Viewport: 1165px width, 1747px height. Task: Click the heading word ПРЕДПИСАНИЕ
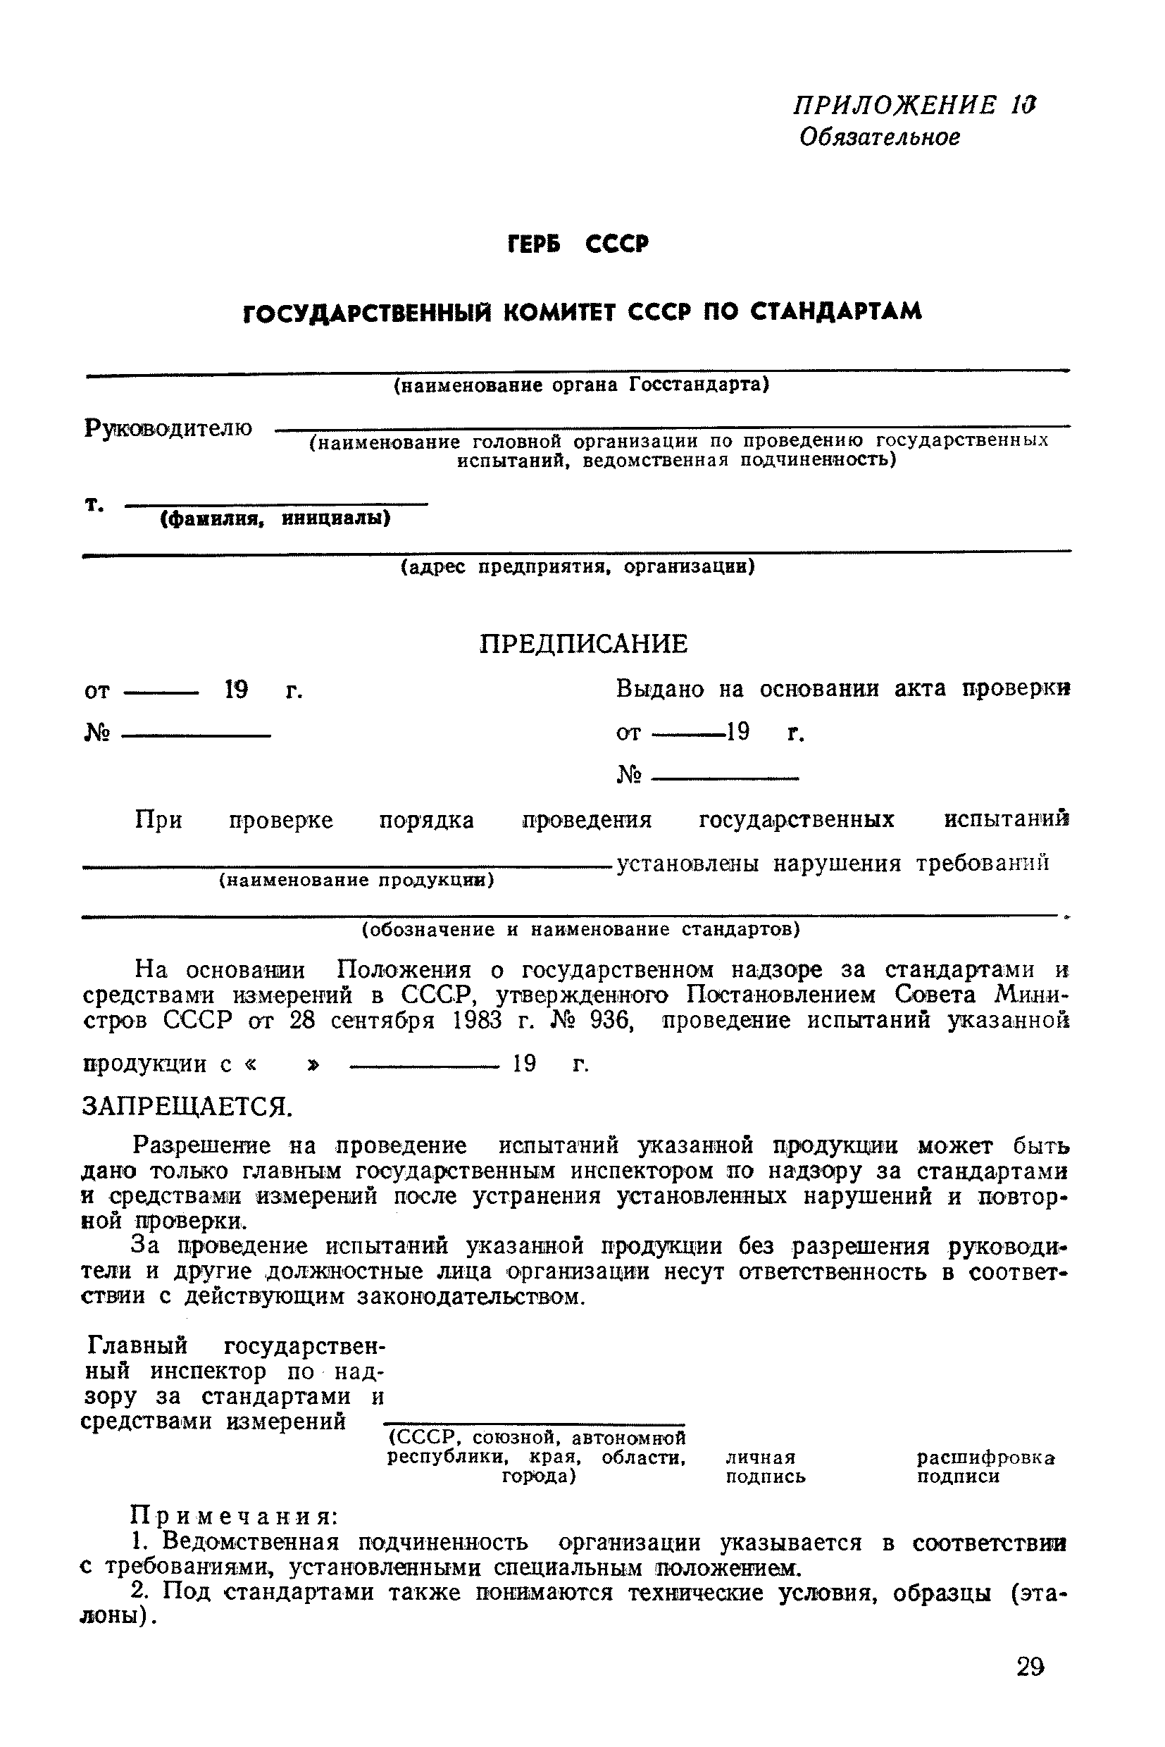(583, 644)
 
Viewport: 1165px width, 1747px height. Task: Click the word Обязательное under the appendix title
(880, 137)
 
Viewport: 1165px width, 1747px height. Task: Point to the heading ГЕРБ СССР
(578, 244)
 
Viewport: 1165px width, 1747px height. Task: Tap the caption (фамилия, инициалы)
(275, 518)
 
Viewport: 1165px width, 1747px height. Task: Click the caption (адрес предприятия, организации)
(578, 567)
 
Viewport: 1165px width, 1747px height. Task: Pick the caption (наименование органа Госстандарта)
(581, 385)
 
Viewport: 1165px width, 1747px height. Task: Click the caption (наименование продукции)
(356, 880)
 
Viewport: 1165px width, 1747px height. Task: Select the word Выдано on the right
(660, 690)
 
